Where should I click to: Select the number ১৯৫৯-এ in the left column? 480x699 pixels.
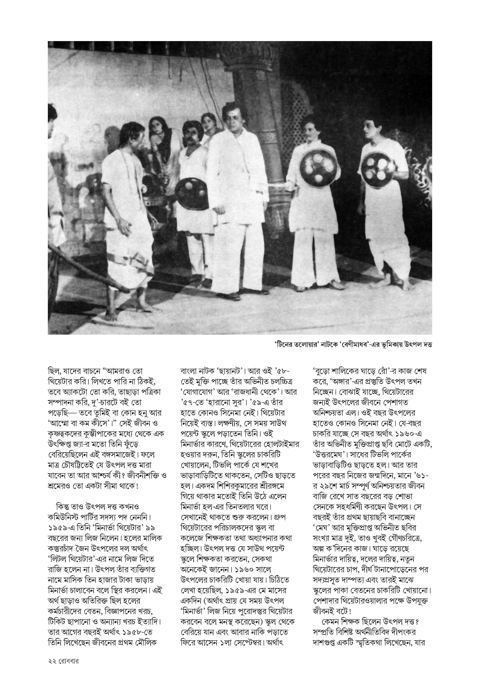coord(63,528)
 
